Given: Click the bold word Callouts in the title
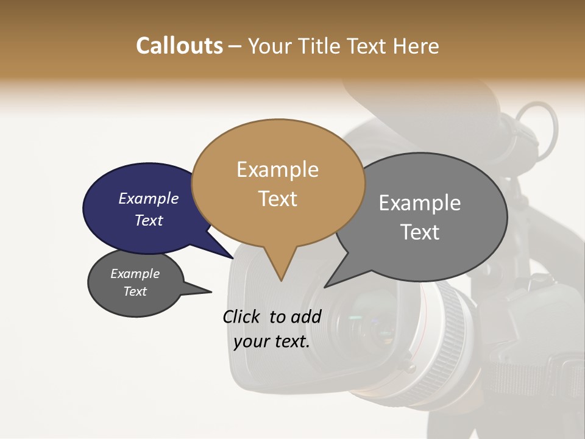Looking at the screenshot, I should (179, 46).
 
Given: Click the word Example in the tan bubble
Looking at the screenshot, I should (277, 170).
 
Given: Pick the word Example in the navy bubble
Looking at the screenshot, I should (148, 198).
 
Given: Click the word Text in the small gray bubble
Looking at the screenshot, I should (135, 291).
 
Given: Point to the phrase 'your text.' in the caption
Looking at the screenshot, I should (272, 341).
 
